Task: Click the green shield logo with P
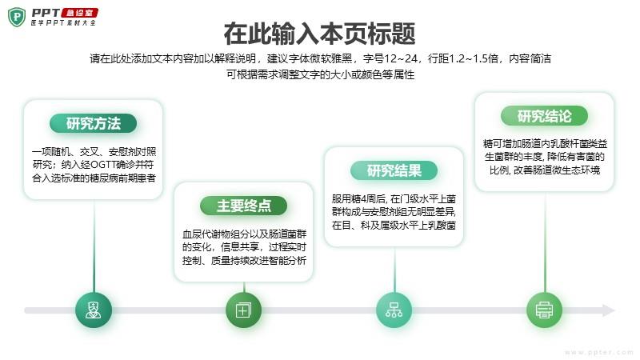point(17,17)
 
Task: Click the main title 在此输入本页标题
point(319,34)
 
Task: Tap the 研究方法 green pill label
point(93,123)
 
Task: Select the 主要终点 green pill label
point(244,206)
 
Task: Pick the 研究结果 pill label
point(394,170)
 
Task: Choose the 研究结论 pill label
point(545,116)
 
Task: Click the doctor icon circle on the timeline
point(94,310)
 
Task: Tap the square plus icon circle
point(244,310)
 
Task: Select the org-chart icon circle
point(394,310)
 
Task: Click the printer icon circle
point(545,310)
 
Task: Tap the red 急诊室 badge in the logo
point(79,13)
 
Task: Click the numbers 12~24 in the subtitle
point(401,58)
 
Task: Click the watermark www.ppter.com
point(598,352)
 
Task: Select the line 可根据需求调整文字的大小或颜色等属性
point(321,74)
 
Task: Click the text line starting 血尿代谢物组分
point(244,234)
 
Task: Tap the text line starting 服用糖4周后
point(394,199)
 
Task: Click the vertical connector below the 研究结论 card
point(545,242)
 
